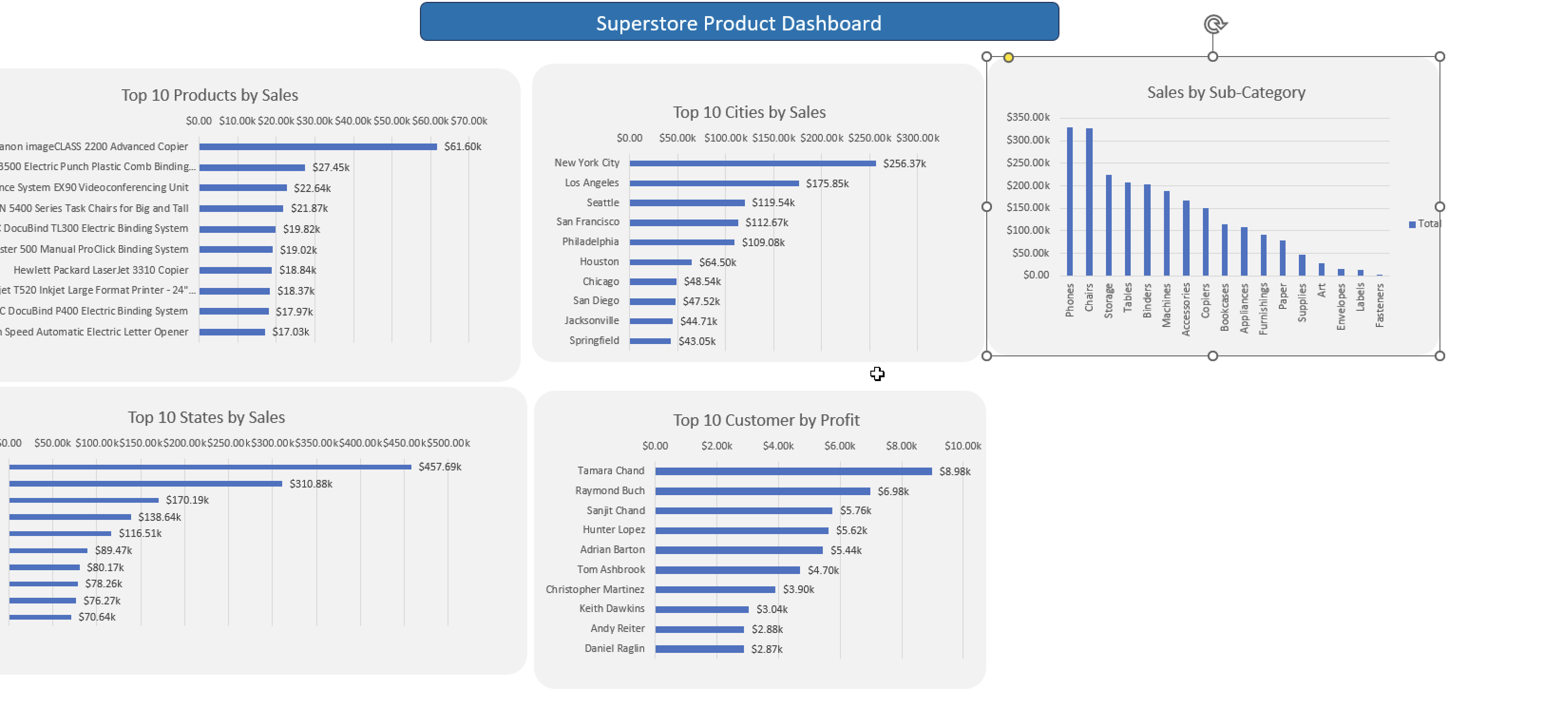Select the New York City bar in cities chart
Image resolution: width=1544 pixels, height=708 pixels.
click(x=752, y=163)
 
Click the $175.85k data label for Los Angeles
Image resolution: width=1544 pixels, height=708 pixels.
click(x=827, y=183)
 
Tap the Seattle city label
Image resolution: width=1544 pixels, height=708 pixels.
click(x=602, y=202)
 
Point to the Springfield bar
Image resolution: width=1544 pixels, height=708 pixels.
click(x=650, y=341)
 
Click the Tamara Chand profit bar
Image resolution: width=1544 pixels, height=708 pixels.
click(x=793, y=471)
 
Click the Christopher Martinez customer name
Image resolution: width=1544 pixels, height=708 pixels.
click(x=595, y=589)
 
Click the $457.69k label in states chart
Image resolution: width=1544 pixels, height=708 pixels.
click(x=439, y=467)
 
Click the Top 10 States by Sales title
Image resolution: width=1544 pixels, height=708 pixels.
click(x=206, y=417)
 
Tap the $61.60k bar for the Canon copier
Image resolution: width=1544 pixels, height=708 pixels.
click(x=318, y=147)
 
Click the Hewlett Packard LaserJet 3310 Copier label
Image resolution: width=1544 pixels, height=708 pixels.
click(x=101, y=270)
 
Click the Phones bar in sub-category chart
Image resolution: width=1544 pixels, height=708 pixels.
click(x=1069, y=201)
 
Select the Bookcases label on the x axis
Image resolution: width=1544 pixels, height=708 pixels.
click(x=1225, y=307)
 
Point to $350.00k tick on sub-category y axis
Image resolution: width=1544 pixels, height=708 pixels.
click(x=1028, y=117)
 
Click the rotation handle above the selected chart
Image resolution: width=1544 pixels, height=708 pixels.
click(x=1215, y=24)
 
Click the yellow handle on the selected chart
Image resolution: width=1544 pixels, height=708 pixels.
click(x=1008, y=57)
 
